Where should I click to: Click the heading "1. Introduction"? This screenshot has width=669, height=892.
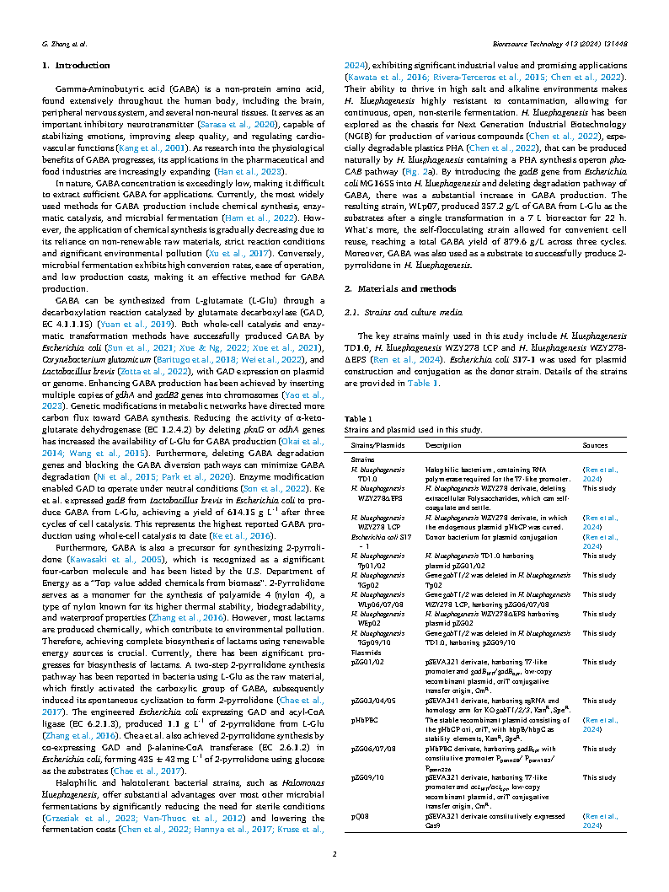pos(76,66)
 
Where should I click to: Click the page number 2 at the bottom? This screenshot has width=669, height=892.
pos(334,855)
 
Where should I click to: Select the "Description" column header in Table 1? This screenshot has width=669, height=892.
pos(442,444)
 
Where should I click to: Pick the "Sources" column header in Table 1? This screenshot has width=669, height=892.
pos(595,444)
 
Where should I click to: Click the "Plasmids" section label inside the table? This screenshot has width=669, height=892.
pos(365,652)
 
